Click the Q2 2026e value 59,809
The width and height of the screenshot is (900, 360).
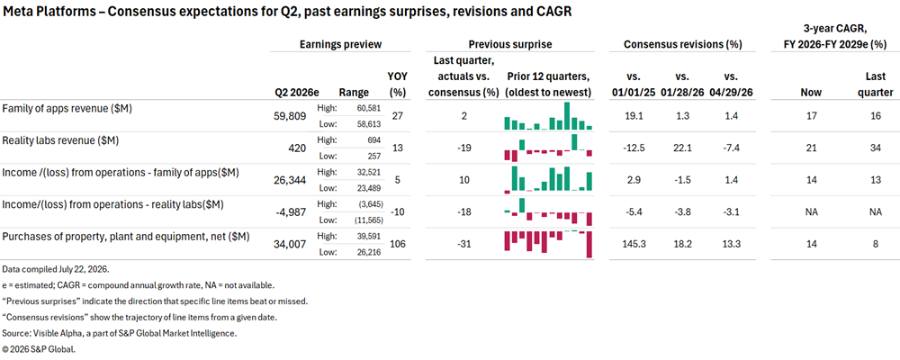click(291, 117)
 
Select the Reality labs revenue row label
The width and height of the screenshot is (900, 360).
click(61, 140)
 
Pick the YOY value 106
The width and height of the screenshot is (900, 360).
click(397, 244)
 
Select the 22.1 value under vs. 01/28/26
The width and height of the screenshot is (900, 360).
click(682, 148)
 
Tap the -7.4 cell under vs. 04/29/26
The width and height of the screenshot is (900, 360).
click(728, 148)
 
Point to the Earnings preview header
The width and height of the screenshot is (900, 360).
click(341, 43)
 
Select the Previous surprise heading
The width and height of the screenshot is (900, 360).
click(510, 43)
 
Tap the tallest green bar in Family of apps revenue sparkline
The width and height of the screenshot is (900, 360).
click(567, 116)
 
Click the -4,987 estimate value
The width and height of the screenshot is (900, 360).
click(292, 212)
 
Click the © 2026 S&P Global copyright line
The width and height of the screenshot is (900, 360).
click(39, 348)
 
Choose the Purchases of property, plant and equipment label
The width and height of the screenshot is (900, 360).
click(126, 237)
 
